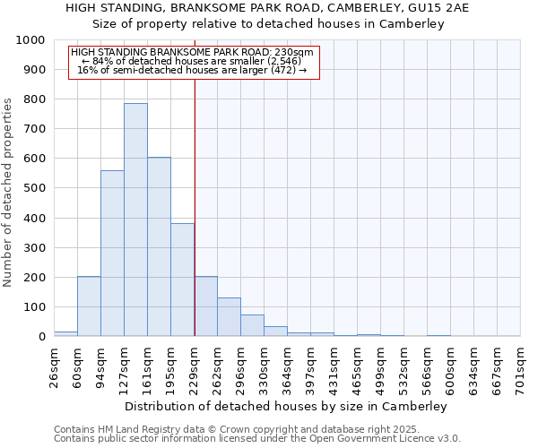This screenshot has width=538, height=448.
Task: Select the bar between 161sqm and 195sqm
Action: [x=159, y=246]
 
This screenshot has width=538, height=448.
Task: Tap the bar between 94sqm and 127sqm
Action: [x=112, y=254]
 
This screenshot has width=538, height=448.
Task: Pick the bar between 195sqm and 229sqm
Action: [x=182, y=280]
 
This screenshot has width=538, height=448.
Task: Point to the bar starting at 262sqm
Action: [x=229, y=317]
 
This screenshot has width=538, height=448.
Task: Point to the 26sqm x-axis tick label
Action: [x=54, y=365]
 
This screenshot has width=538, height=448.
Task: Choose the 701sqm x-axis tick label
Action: [x=520, y=365]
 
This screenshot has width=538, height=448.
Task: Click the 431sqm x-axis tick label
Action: [x=334, y=365]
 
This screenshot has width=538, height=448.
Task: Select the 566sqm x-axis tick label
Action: [x=427, y=365]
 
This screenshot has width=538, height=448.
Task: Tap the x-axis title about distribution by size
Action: [x=287, y=406]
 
